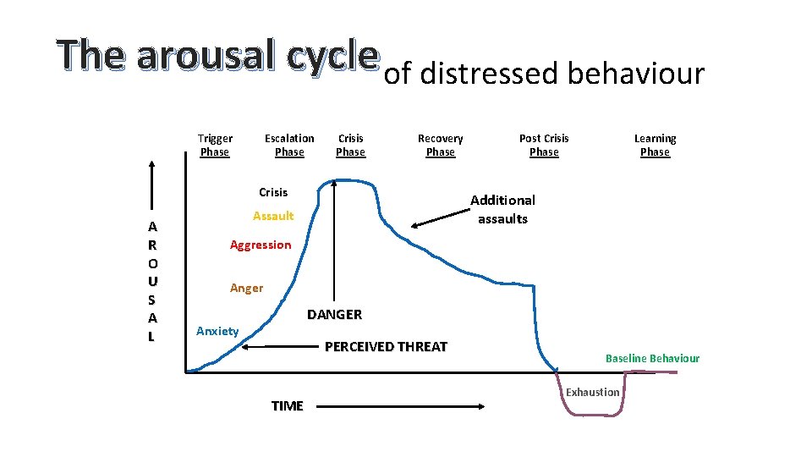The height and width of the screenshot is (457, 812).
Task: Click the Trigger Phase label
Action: point(215,145)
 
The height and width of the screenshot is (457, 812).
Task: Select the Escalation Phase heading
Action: point(289,145)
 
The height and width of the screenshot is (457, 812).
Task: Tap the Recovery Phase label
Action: point(440,145)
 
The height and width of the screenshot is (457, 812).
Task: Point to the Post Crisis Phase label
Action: point(544,145)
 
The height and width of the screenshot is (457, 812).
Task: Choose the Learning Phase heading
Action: point(655,145)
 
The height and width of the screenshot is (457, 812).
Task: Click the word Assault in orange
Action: point(273,216)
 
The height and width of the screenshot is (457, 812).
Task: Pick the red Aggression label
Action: point(261,245)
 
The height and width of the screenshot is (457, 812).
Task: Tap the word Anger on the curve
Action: point(246,288)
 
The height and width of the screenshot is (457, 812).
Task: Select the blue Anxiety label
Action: point(217,331)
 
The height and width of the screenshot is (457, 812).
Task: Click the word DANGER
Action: point(334,315)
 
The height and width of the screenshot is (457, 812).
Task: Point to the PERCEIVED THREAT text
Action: point(386,346)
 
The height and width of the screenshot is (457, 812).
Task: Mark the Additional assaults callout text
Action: point(502,209)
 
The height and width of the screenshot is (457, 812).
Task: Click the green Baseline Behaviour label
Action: point(652,358)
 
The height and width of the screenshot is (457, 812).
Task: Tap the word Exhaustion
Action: point(592,392)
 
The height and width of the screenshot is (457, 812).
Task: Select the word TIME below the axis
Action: point(287,406)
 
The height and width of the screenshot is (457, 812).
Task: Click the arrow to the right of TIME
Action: point(402,406)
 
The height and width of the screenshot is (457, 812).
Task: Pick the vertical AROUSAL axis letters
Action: point(151,281)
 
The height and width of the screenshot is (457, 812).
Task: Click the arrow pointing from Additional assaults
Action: point(439,216)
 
